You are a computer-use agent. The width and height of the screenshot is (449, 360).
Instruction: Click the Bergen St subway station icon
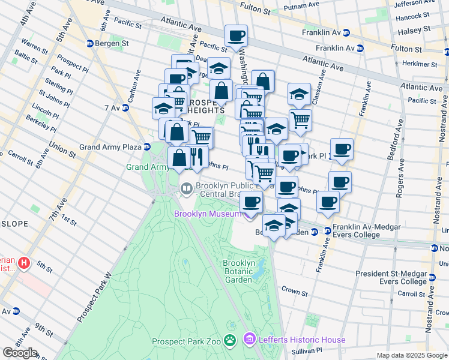(90, 43)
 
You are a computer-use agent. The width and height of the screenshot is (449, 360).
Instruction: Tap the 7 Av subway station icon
(125, 108)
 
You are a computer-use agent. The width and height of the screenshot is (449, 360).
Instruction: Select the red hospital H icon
(23, 263)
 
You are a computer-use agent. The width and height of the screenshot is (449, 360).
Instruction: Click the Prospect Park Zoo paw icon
(230, 341)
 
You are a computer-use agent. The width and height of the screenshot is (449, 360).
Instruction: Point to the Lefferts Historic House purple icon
(250, 340)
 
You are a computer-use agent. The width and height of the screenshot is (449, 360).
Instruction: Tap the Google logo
(20, 353)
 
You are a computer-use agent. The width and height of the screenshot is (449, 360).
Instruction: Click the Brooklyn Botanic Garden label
(239, 271)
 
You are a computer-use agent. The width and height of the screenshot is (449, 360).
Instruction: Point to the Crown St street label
(294, 291)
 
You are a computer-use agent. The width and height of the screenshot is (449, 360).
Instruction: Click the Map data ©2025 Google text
(411, 355)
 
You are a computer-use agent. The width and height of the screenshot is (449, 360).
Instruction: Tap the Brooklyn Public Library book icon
(187, 190)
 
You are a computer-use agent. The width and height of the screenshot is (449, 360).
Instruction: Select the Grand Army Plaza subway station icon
(146, 147)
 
